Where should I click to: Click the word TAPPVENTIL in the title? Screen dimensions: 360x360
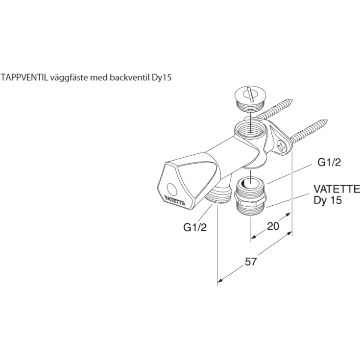(x=24, y=77)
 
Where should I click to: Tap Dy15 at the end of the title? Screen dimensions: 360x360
(x=162, y=78)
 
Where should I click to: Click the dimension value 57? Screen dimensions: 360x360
(x=250, y=262)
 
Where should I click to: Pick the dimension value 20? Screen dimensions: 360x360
(x=273, y=226)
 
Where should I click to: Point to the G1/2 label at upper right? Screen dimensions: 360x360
(x=329, y=162)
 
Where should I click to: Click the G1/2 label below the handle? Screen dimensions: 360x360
(x=195, y=227)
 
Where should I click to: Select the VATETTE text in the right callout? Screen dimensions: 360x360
(x=336, y=189)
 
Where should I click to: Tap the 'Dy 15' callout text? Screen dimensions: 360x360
(x=328, y=200)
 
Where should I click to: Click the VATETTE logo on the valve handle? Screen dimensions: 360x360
(x=175, y=199)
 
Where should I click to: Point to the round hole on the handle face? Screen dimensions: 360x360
(x=171, y=189)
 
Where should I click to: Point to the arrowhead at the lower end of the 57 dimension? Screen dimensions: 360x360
(x=220, y=280)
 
